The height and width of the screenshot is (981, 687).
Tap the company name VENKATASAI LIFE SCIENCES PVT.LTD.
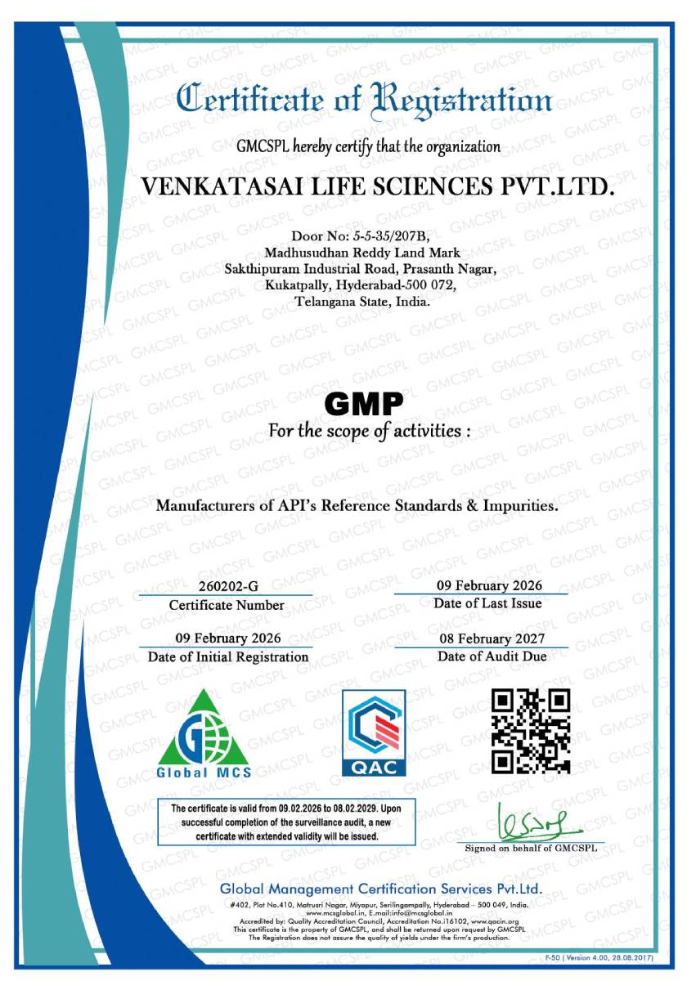(x=377, y=186)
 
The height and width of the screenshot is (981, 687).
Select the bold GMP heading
(x=364, y=403)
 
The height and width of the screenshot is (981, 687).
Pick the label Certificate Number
(x=227, y=606)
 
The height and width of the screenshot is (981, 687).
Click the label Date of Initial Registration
(x=228, y=656)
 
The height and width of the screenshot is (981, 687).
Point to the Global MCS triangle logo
(x=204, y=734)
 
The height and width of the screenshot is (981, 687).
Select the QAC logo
(x=375, y=733)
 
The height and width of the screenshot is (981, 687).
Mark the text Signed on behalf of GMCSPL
(x=531, y=849)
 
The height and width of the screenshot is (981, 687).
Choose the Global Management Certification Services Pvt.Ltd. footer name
(x=380, y=889)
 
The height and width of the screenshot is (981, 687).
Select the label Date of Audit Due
(x=492, y=656)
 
